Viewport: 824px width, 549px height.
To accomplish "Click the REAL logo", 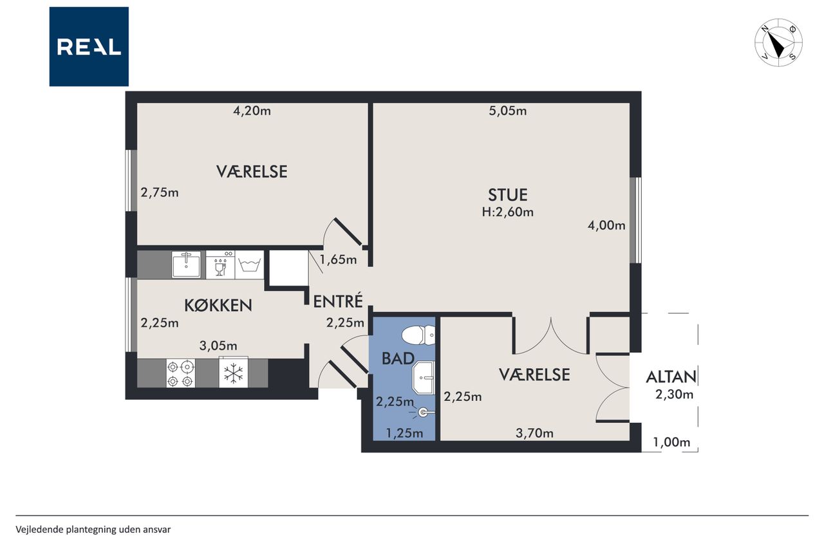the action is pos(89,47).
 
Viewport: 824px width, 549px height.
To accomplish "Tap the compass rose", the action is pos(779,42).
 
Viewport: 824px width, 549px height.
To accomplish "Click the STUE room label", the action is pos(508,195).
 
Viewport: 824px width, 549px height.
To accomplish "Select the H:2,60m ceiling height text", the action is pos(508,212).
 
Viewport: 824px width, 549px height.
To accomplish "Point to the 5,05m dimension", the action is pos(508,111).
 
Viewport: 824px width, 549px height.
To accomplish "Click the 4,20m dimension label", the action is pos(252,111).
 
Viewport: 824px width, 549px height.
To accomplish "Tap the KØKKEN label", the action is pos(218,305).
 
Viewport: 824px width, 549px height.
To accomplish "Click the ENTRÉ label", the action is pos(338,301).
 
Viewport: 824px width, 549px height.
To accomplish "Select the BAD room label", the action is pos(398,358).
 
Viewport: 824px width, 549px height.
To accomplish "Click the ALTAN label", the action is pos(671,377).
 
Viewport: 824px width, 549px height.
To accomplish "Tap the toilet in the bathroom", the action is pos(418,335).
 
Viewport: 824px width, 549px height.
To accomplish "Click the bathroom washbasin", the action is pos(424,378).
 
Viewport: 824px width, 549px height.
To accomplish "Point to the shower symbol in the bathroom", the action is pos(423,413).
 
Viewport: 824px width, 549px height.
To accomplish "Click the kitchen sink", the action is pos(187,264).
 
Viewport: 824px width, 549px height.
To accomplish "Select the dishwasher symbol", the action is pos(220,265).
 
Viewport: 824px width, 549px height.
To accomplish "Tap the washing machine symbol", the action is pos(249,265).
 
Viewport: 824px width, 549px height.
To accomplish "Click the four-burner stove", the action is pos(181,373).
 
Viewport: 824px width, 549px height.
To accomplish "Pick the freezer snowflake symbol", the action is pos(233,373).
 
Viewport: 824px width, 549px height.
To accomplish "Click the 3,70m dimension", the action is pos(534,434).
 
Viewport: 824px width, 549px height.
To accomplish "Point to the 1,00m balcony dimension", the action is pos(671,442).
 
